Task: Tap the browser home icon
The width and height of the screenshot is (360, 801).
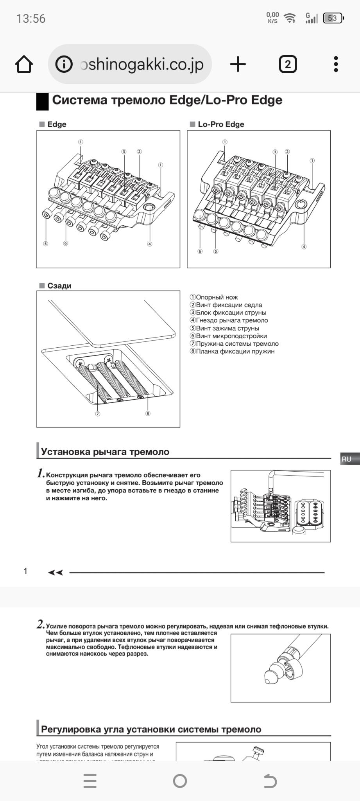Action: click(24, 64)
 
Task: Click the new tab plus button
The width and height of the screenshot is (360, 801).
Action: click(238, 64)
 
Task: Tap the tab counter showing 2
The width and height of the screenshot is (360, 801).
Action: click(288, 64)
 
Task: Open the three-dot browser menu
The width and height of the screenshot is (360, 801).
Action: click(336, 64)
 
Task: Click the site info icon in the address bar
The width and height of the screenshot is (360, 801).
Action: click(64, 64)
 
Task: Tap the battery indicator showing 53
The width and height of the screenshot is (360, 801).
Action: click(333, 18)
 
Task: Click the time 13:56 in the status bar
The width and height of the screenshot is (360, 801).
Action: click(31, 19)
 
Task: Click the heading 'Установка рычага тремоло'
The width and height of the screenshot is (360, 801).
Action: click(105, 452)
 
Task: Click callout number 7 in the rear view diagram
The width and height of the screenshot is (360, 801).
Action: click(98, 414)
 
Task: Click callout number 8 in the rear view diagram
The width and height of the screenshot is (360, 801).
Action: click(148, 413)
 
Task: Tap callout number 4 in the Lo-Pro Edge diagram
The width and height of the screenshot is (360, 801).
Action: click(304, 247)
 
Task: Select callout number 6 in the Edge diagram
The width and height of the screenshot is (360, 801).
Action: click(66, 244)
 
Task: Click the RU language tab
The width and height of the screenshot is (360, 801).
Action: click(347, 459)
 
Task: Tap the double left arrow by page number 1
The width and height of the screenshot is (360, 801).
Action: click(55, 573)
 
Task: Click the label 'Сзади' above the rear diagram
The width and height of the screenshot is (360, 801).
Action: click(59, 286)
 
